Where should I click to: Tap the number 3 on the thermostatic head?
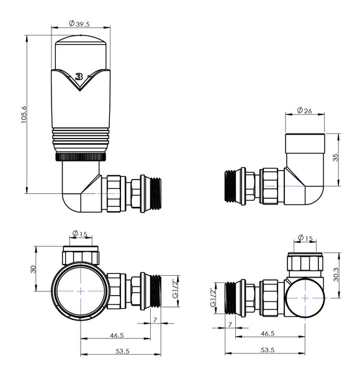[79, 77]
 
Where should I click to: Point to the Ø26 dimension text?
[305, 111]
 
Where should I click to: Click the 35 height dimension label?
[336, 159]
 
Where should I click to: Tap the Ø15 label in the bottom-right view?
[305, 237]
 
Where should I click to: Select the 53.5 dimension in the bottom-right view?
[268, 350]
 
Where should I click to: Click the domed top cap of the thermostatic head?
[80, 53]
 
